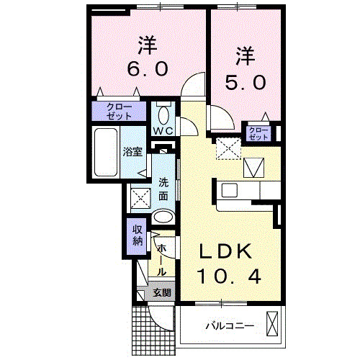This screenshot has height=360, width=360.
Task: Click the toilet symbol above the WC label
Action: (x=163, y=114)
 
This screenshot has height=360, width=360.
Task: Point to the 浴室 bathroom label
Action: (x=132, y=151)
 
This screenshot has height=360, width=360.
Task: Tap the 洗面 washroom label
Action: (x=164, y=189)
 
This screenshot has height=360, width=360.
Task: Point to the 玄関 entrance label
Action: (x=162, y=292)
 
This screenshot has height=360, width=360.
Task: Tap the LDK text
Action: (x=225, y=251)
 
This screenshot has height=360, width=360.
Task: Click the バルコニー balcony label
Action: (x=229, y=326)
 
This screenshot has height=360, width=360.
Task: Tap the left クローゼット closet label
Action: (x=118, y=111)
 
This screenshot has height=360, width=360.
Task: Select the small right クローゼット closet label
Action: (x=258, y=132)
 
